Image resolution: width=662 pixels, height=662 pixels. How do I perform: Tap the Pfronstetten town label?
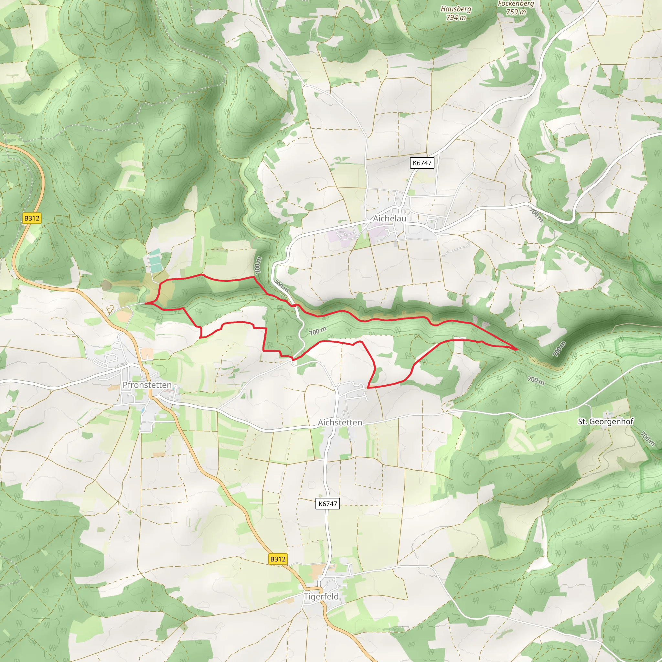pos(147,385)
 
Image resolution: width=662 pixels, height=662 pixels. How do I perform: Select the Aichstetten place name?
pos(340,422)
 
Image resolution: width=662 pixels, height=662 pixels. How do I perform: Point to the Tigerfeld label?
pos(321,597)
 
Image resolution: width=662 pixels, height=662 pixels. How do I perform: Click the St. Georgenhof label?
pos(605,422)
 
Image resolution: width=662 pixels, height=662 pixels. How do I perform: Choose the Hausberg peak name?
pos(456,9)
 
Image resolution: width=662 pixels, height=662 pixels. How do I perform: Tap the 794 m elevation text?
pos(456,17)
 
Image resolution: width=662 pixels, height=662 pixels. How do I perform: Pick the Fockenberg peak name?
pos(516,4)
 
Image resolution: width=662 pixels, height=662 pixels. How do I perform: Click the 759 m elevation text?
pos(516,12)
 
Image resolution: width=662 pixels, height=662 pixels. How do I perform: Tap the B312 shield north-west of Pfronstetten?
pos(32,218)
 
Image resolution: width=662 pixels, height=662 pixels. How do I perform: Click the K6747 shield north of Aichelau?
pos(422,163)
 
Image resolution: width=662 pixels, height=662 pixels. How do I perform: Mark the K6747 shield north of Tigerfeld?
pos(327,503)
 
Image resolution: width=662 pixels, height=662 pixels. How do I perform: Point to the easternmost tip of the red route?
pos(518,349)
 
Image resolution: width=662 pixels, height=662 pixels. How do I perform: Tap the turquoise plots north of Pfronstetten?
pos(155,261)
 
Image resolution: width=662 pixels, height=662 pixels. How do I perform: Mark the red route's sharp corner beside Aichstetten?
pos(368,388)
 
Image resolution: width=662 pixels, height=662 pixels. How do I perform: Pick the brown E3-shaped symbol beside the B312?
pos(110,310)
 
